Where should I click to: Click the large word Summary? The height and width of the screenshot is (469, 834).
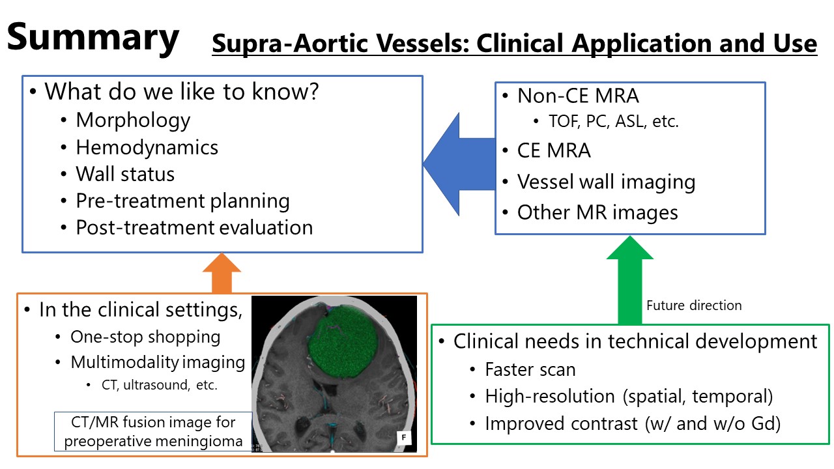pyautogui.click(x=93, y=37)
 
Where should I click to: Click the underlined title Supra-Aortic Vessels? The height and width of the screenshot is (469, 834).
pyautogui.click(x=514, y=44)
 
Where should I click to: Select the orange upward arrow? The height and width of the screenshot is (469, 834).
pyautogui.click(x=221, y=274)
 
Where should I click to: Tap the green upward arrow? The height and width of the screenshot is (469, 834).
pyautogui.click(x=629, y=280)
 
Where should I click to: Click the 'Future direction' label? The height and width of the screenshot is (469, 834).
pyautogui.click(x=693, y=305)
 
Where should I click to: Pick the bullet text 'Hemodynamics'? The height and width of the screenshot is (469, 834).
pyautogui.click(x=147, y=147)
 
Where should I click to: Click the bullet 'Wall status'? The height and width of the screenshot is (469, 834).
pyautogui.click(x=125, y=174)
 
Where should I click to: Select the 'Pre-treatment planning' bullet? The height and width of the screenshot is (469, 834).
pyautogui.click(x=182, y=201)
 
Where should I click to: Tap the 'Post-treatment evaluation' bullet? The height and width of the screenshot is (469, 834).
pyautogui.click(x=194, y=227)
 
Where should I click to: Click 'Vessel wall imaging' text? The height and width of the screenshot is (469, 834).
pyautogui.click(x=606, y=182)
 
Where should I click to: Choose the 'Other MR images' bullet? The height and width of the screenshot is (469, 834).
pyautogui.click(x=597, y=212)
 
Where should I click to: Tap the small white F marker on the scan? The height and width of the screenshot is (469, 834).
pyautogui.click(x=404, y=438)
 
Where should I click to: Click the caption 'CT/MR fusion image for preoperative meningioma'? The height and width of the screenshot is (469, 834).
pyautogui.click(x=153, y=431)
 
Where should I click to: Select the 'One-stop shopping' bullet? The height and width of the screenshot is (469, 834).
pyautogui.click(x=145, y=337)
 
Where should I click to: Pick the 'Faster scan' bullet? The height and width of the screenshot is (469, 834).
pyautogui.click(x=530, y=369)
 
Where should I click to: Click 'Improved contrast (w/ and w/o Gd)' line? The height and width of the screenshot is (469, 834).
pyautogui.click(x=633, y=423)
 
